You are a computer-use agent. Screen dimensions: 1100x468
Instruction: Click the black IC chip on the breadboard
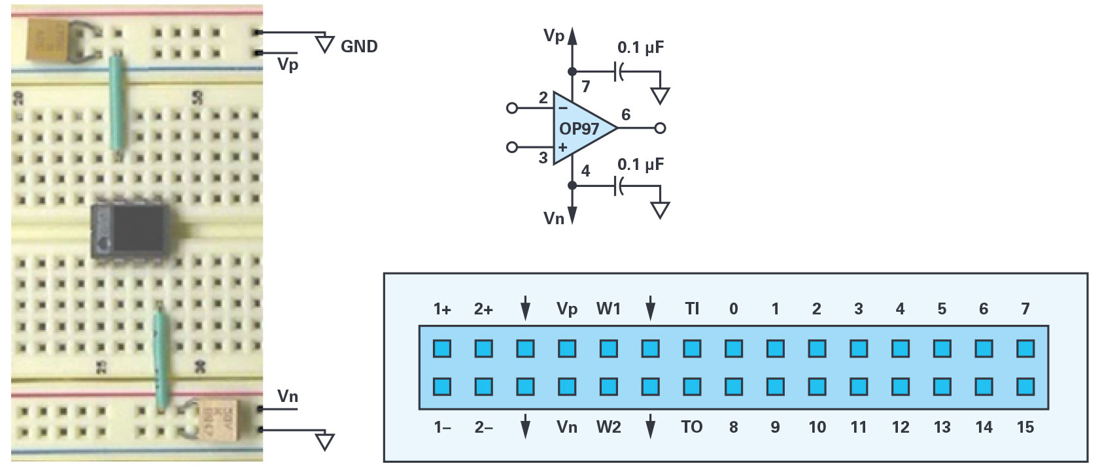point(131,231)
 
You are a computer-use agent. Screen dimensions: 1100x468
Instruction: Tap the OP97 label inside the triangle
point(579,129)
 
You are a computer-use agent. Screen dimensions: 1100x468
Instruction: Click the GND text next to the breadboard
point(359,46)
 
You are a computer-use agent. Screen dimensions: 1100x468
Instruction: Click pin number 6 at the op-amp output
point(626,115)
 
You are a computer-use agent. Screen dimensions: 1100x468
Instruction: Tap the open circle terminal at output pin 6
point(660,128)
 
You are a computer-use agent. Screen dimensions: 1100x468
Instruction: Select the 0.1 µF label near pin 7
point(640,48)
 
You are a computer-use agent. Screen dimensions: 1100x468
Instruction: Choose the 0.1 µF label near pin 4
point(640,165)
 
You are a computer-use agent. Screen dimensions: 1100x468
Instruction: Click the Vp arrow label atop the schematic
point(554,36)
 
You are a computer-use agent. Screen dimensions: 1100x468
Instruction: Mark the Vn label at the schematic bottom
point(554,218)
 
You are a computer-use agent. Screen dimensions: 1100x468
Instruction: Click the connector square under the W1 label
point(608,348)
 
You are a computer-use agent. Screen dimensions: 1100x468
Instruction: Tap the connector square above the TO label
point(692,386)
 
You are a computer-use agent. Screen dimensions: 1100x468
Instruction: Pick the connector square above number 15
point(1025,386)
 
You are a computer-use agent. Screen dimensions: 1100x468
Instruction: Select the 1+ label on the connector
point(442,309)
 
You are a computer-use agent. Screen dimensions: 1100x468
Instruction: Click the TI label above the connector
point(692,309)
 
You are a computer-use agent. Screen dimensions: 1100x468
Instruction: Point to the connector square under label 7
point(1025,348)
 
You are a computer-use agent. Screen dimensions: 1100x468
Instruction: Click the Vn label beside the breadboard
point(287,396)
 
